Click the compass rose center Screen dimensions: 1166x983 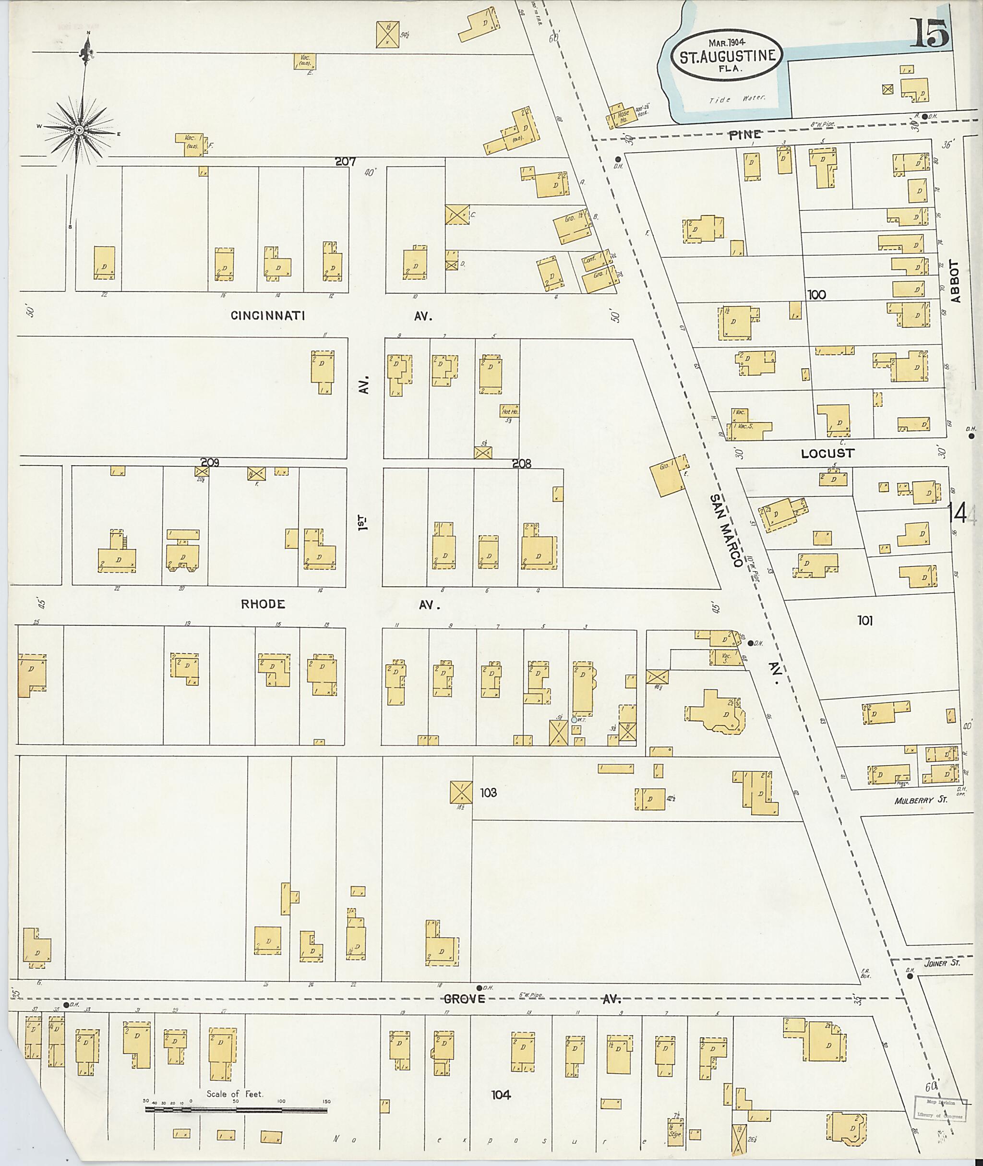pos(79,130)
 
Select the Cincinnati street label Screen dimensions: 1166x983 pos(268,316)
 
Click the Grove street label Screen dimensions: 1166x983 pos(465,999)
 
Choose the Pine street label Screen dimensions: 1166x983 pos(744,134)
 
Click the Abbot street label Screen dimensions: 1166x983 pos(956,281)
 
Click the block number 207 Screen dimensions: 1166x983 pos(346,162)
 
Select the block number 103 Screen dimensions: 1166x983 pos(488,793)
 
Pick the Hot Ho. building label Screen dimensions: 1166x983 pos(509,412)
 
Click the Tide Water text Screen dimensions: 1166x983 pos(737,100)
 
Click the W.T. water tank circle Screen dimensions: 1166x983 pos(574,720)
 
